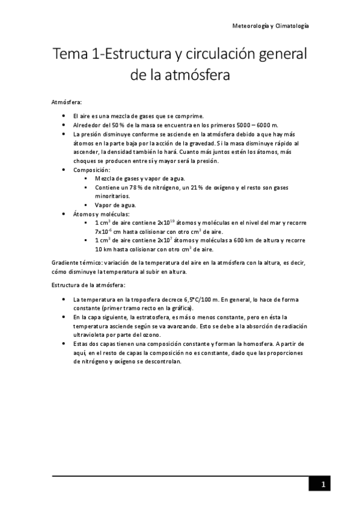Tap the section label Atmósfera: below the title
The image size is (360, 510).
(x=67, y=102)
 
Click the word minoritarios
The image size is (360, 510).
(x=113, y=195)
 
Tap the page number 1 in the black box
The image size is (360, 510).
(x=323, y=485)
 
